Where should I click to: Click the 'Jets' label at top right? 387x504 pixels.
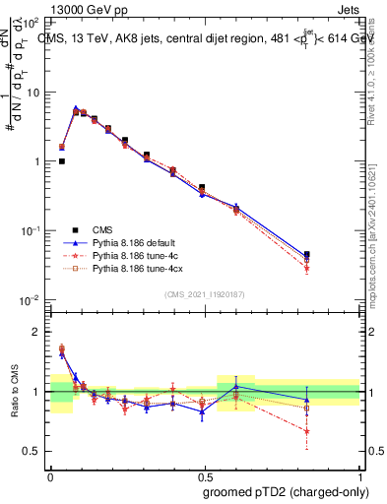(x=350, y=8)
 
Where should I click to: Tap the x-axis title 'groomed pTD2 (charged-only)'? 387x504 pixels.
(x=286, y=490)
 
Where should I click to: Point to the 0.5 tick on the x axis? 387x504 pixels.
(x=205, y=473)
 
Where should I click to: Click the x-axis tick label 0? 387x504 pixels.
(x=50, y=473)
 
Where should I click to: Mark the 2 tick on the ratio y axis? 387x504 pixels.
(x=36, y=332)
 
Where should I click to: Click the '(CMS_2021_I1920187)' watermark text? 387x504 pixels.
(x=205, y=293)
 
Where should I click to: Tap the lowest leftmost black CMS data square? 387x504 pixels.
(x=62, y=161)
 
